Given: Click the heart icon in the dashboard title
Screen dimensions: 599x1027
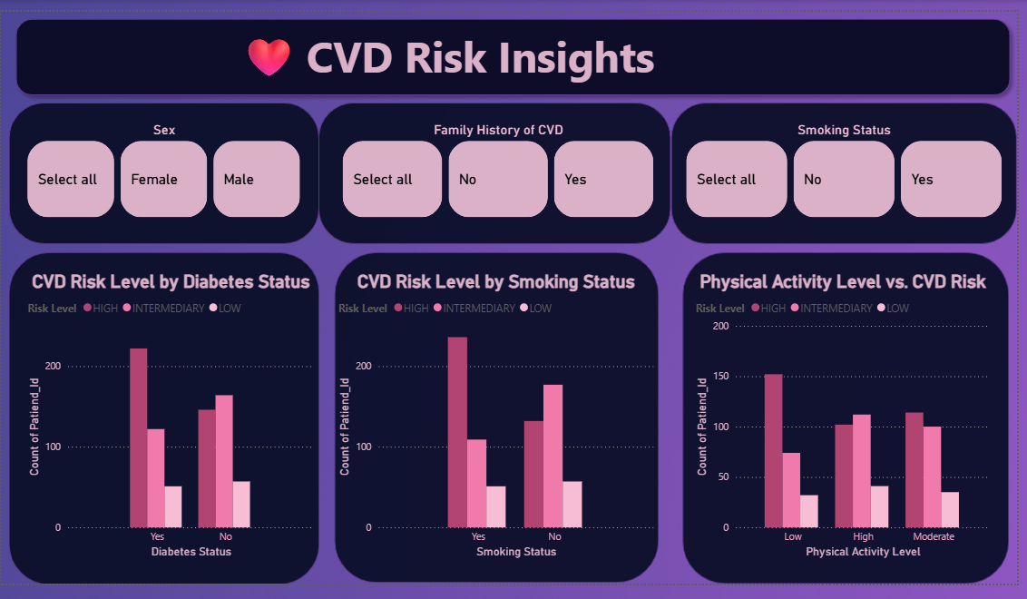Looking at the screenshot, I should [x=269, y=58].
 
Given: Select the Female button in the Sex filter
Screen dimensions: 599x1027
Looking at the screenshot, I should [x=163, y=179].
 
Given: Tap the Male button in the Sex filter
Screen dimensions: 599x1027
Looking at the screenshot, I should [x=256, y=179].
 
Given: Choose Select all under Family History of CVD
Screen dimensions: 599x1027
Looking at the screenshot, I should [x=392, y=179].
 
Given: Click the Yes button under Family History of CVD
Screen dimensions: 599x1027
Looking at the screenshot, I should [x=603, y=179].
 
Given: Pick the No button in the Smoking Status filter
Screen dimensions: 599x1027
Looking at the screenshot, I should [x=844, y=179].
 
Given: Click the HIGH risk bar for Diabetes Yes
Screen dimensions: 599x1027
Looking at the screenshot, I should [x=138, y=437].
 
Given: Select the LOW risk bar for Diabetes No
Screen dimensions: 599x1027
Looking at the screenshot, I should [x=241, y=504].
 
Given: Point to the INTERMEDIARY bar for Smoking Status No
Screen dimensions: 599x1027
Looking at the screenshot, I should [x=553, y=456].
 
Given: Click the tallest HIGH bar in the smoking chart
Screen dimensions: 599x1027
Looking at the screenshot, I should [x=457, y=432].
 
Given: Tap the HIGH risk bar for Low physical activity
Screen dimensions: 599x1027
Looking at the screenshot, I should [x=773, y=450].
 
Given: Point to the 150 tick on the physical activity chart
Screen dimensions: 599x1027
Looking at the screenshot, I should [x=721, y=377].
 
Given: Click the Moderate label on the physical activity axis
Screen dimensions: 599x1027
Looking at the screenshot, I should [x=934, y=537].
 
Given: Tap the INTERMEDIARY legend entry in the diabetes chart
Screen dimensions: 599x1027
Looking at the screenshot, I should [x=169, y=309].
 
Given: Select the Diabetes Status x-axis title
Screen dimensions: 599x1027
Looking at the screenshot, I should [x=191, y=552].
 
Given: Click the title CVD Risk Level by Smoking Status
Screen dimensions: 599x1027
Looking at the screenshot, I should [x=495, y=282].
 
